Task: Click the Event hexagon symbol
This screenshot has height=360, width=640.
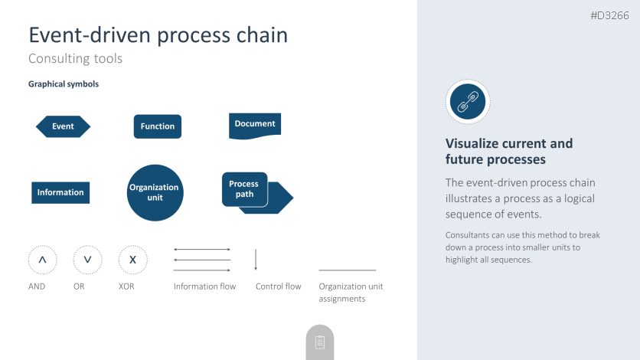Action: pyautogui.click(x=63, y=126)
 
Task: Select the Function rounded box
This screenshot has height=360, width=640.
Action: pyautogui.click(x=158, y=126)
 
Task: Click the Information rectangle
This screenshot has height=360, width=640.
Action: pyautogui.click(x=60, y=192)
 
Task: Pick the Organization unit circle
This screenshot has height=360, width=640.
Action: pyautogui.click(x=155, y=193)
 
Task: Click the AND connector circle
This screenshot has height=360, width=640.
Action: pyautogui.click(x=42, y=260)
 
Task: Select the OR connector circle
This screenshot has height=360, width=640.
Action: pyautogui.click(x=87, y=260)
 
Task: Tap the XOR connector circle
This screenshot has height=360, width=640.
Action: pyautogui.click(x=132, y=260)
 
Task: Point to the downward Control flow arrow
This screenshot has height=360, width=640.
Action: pyautogui.click(x=256, y=260)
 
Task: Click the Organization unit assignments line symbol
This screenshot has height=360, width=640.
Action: pyautogui.click(x=347, y=270)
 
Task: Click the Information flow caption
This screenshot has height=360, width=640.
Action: pyautogui.click(x=204, y=286)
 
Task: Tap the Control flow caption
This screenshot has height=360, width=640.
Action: pyautogui.click(x=278, y=286)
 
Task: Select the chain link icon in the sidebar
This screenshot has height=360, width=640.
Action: pyautogui.click(x=467, y=101)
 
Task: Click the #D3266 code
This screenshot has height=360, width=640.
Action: pyautogui.click(x=610, y=15)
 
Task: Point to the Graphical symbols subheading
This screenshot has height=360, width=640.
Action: pyautogui.click(x=64, y=84)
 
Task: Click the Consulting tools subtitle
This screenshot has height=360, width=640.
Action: pyautogui.click(x=75, y=58)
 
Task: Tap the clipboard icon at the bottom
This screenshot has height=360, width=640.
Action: pyautogui.click(x=320, y=342)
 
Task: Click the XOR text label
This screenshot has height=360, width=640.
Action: pyautogui.click(x=126, y=286)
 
